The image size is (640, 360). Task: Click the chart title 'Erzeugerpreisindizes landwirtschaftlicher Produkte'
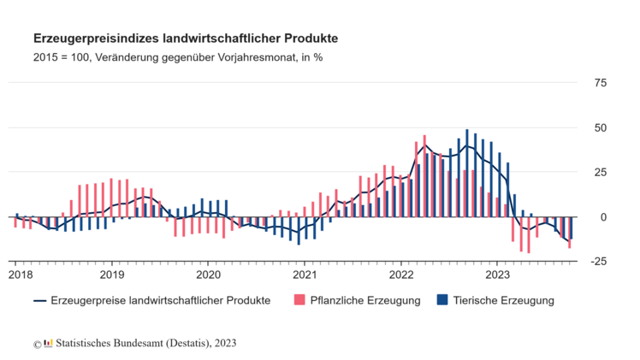(185, 38)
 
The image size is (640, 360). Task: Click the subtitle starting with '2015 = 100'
(177, 57)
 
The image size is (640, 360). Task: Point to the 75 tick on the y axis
(600, 83)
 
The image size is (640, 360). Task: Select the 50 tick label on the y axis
(600, 127)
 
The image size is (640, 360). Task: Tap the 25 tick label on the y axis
(600, 172)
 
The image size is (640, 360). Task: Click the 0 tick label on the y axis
(603, 217)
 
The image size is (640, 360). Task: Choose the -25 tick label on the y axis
(598, 262)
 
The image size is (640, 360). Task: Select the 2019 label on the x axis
(113, 274)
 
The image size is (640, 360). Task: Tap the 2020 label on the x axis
(209, 274)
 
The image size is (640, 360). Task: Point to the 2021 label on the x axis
(305, 274)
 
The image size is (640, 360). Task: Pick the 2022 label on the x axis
(402, 274)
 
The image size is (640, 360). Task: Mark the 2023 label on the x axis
(498, 274)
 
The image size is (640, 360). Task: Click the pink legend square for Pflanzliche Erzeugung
(299, 300)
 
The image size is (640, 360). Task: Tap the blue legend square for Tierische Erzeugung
(442, 300)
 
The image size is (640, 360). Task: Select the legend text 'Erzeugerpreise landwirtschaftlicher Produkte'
(161, 300)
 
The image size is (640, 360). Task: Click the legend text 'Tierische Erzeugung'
(505, 300)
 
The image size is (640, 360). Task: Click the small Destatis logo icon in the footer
(48, 343)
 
